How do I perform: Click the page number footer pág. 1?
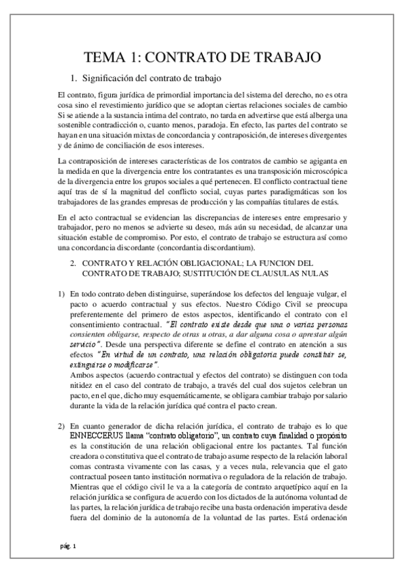tap(68, 546)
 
